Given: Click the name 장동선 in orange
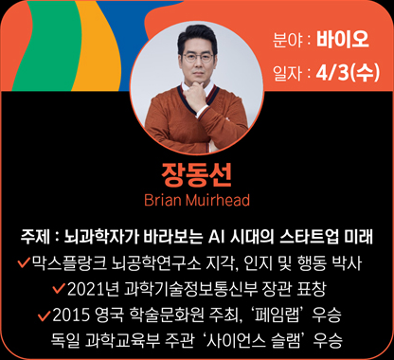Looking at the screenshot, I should pos(196,175).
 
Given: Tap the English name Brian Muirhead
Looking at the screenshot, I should pos(196,200).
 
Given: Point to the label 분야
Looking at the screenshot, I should pos(286,43).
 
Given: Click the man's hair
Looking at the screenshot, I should pos(197,34).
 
